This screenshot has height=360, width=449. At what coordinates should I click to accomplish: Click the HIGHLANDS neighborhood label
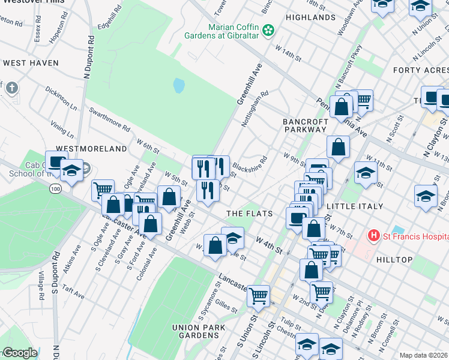310,17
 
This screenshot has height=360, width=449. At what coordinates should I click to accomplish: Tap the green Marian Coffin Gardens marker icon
268,29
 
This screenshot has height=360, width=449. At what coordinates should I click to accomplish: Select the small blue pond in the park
179,86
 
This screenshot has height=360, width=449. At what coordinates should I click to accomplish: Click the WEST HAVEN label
31,63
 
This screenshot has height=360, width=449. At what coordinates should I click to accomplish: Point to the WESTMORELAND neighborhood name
91,148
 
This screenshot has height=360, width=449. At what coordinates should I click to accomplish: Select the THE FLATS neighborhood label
249,214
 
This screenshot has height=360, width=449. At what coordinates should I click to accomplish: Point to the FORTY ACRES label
420,70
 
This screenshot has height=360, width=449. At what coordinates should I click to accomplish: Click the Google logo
19,353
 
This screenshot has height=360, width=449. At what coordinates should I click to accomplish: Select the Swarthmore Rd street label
109,119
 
